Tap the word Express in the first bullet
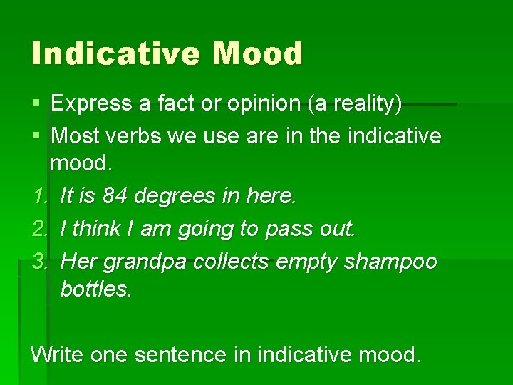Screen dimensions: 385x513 pos(91,104)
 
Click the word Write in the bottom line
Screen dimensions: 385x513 pos(57,354)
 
